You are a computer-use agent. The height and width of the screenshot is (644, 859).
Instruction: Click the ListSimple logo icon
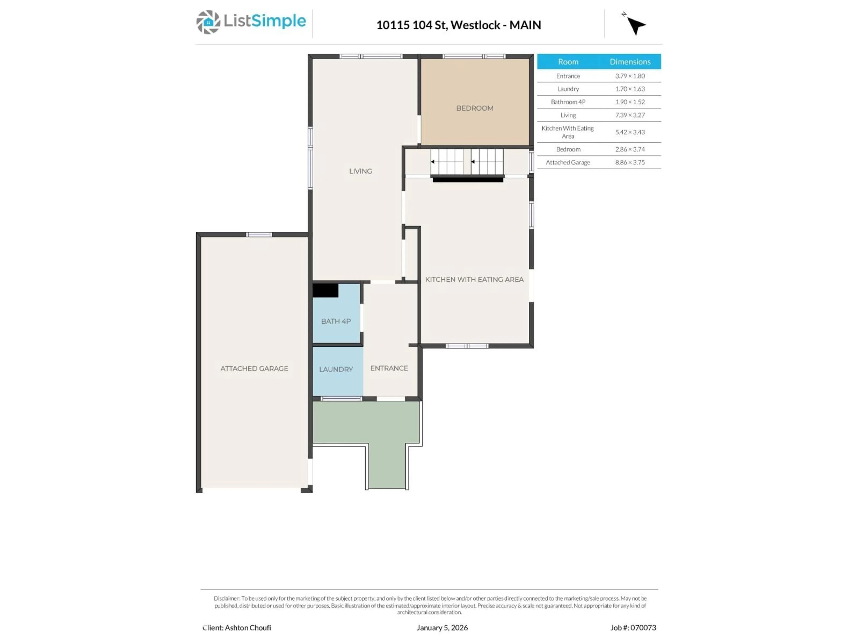tap(208, 22)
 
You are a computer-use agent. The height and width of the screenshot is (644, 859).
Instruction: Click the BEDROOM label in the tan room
tap(474, 108)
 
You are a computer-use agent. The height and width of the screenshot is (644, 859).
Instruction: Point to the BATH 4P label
tap(336, 321)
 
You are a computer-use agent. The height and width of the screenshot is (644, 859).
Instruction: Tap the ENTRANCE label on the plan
tap(389, 368)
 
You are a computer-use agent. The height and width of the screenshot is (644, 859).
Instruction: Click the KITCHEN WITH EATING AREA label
tap(474, 280)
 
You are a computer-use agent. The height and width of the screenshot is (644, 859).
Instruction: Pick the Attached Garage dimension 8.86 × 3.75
tap(630, 163)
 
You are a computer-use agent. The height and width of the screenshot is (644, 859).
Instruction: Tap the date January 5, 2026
tap(442, 628)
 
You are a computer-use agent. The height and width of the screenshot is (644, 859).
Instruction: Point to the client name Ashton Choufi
tap(248, 628)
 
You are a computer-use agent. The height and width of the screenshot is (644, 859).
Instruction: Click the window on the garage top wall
tap(259, 235)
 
